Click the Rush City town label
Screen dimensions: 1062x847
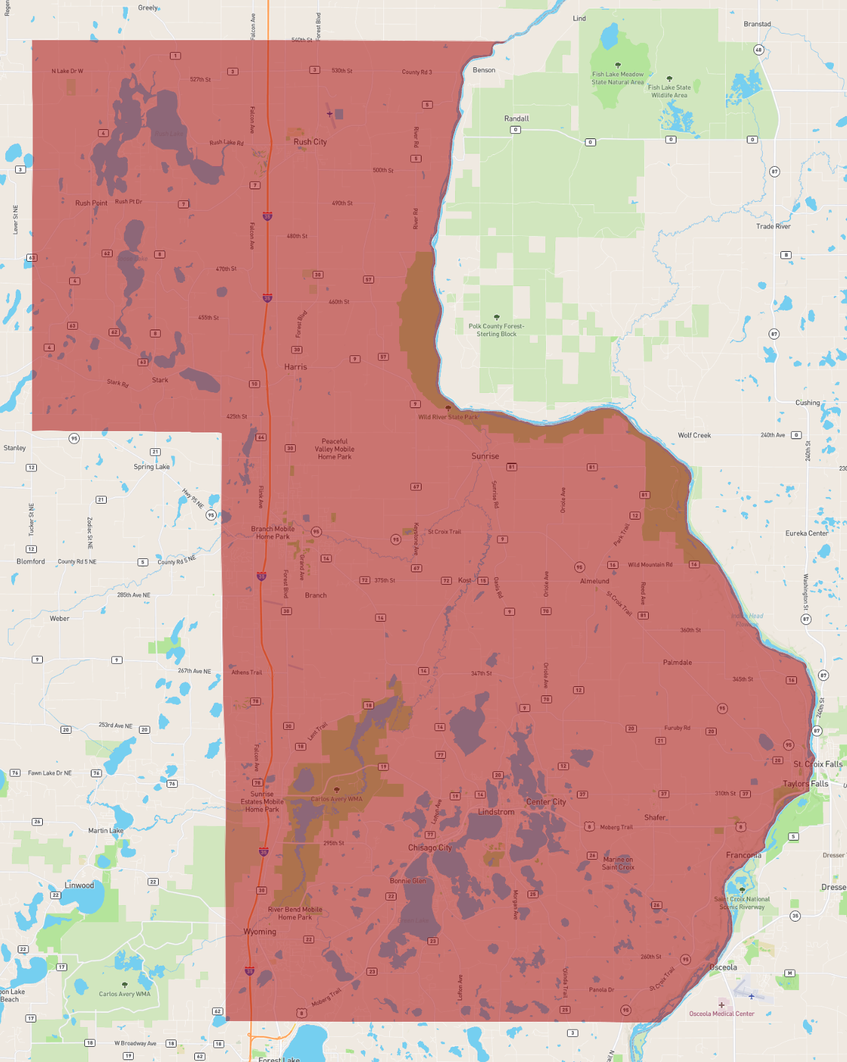(310, 142)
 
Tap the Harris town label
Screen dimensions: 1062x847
(295, 367)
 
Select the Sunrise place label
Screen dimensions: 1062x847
(485, 456)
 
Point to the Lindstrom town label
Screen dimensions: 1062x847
(496, 811)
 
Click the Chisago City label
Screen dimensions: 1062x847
(429, 848)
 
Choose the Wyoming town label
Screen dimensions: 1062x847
(260, 931)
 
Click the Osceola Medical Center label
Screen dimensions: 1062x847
(722, 1014)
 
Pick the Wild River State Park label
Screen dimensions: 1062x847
(448, 417)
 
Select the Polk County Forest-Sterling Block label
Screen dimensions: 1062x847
(497, 330)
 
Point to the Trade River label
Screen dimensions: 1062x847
(773, 226)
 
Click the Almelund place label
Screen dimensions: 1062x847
(594, 581)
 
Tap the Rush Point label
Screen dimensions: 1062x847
(91, 203)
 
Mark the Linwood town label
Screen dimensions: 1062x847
(79, 885)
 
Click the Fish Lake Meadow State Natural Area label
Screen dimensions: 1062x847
(618, 78)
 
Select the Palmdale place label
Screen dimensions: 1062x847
(677, 662)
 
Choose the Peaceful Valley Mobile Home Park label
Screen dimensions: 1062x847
(335, 449)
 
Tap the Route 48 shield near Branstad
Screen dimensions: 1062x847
(759, 50)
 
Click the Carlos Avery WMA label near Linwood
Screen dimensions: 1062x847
(124, 993)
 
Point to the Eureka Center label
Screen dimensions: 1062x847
(806, 533)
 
